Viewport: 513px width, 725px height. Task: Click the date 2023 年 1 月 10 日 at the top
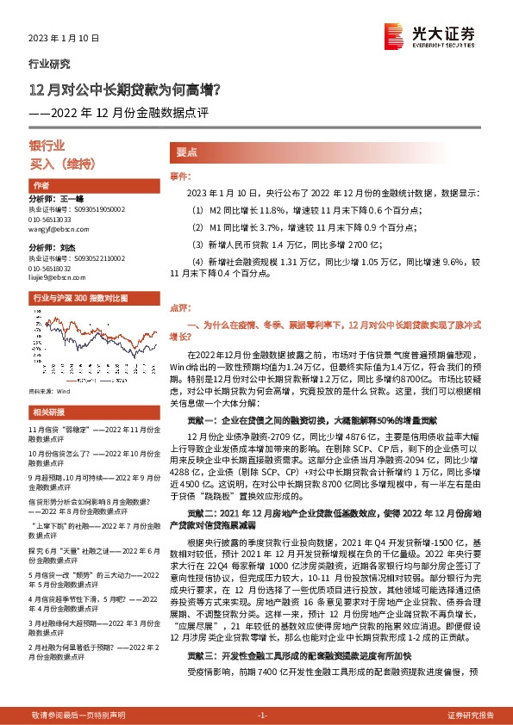65,39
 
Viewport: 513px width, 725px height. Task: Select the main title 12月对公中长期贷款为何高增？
125,89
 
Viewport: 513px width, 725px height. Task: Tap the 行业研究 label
50,65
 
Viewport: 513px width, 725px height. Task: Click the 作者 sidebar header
41,186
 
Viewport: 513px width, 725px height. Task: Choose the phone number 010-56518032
53,268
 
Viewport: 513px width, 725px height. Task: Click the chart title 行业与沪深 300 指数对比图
79,298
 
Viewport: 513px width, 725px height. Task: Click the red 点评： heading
179,306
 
